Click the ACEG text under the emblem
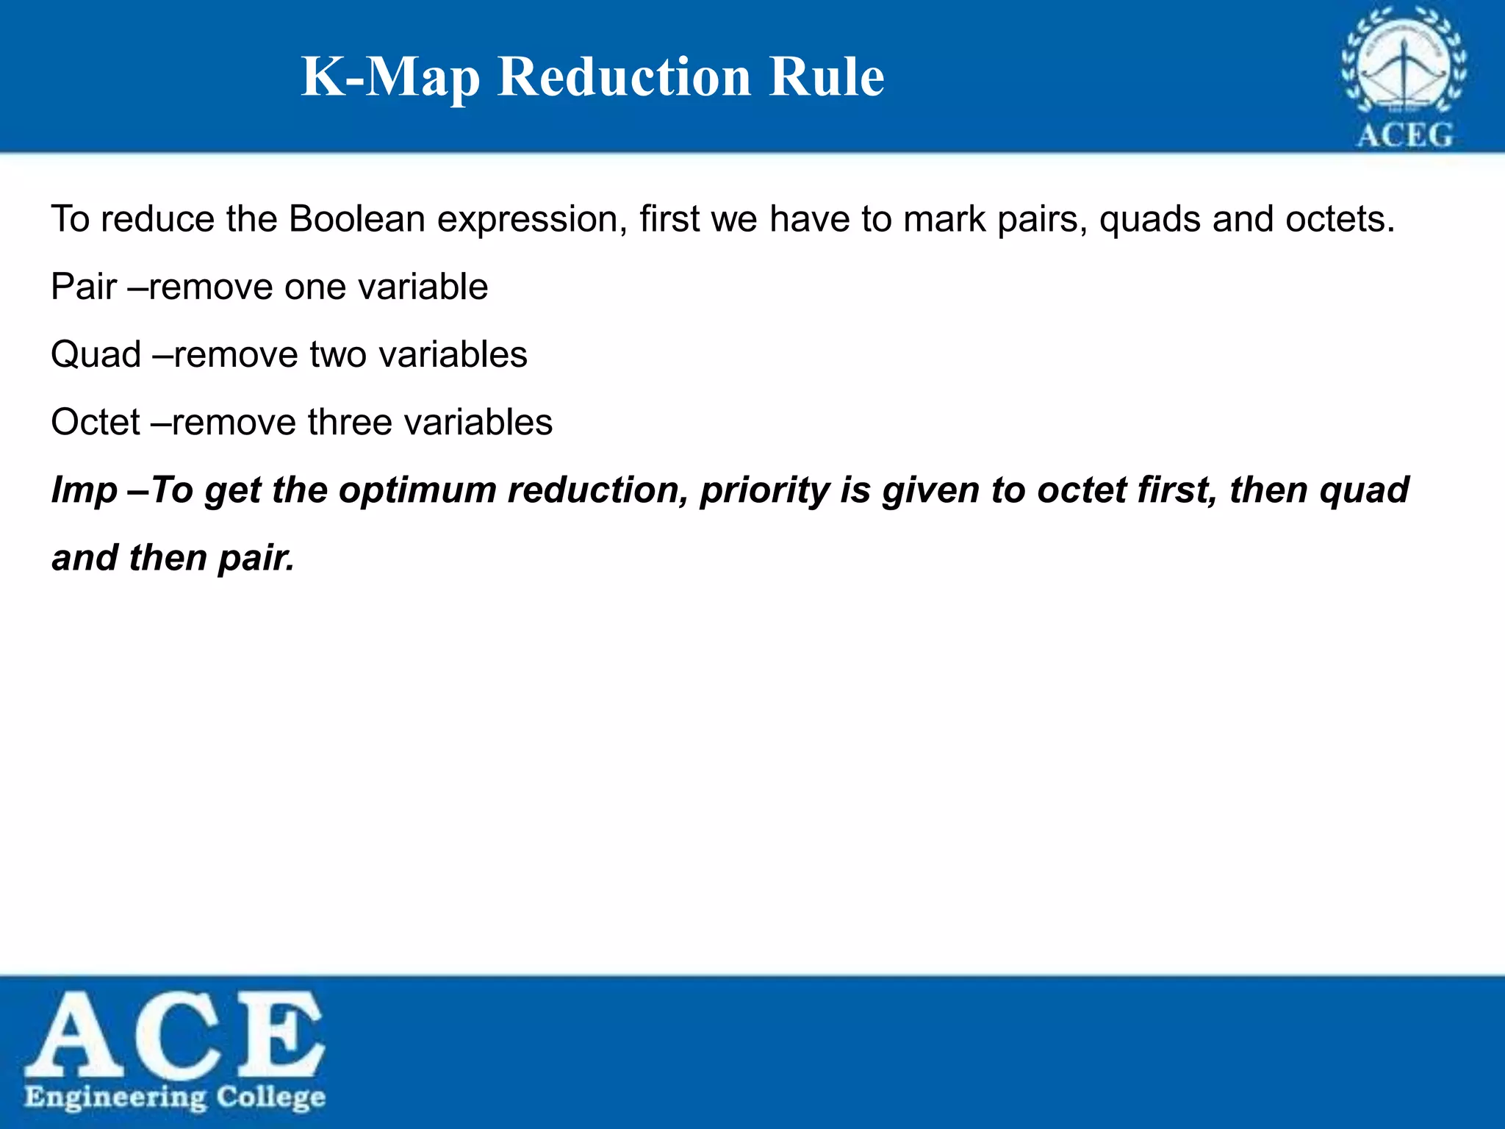(1404, 135)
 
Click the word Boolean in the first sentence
(357, 219)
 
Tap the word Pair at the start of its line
(84, 287)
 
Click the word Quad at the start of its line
(96, 354)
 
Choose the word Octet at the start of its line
(96, 422)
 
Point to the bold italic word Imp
(84, 490)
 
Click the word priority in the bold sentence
(764, 490)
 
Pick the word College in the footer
(270, 1098)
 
